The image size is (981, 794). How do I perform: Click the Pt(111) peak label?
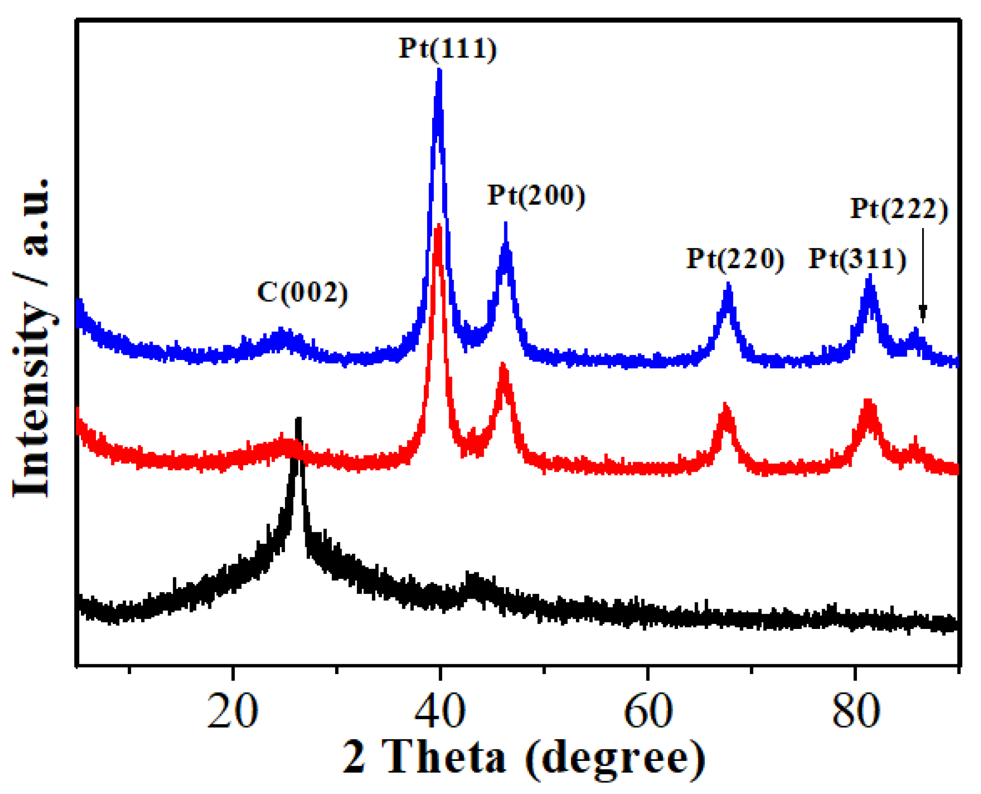click(447, 48)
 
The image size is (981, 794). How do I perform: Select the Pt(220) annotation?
click(735, 259)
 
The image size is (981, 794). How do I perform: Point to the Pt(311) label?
click(857, 259)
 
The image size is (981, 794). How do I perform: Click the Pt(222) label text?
click(899, 209)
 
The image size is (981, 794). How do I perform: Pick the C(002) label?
click(302, 292)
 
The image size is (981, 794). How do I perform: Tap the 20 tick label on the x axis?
click(233, 711)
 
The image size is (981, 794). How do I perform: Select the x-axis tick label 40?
click(440, 711)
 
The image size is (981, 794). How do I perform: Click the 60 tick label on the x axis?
click(648, 711)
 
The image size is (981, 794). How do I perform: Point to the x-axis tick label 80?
click(856, 711)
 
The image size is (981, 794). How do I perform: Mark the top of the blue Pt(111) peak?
click(439, 70)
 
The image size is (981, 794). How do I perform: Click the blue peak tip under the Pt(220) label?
click(728, 285)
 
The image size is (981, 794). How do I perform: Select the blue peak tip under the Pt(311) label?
click(870, 276)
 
